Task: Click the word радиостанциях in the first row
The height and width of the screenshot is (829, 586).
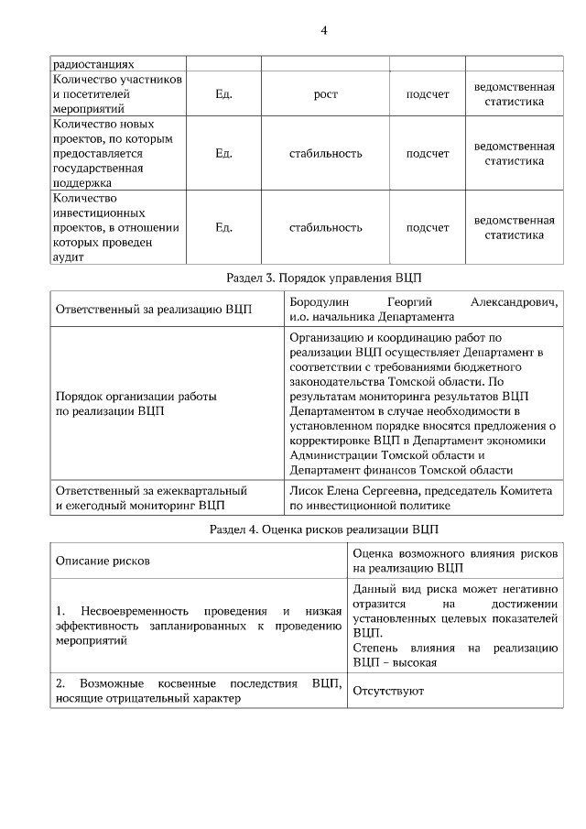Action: [93, 64]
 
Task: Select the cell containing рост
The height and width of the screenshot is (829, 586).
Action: [325, 94]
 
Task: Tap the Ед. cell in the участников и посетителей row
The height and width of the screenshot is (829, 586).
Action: [223, 94]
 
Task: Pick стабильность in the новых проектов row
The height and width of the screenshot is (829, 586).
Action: [325, 153]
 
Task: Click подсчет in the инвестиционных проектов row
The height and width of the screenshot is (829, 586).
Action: [428, 228]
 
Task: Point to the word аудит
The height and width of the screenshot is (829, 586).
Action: [69, 257]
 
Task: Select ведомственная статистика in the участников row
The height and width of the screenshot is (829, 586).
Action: [514, 94]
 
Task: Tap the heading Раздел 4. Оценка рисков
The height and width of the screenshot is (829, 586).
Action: [325, 529]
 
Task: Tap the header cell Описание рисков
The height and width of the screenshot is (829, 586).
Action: [103, 560]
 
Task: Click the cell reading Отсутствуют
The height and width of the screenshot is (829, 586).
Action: [388, 691]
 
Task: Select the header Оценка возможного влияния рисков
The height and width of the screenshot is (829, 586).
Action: [454, 552]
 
